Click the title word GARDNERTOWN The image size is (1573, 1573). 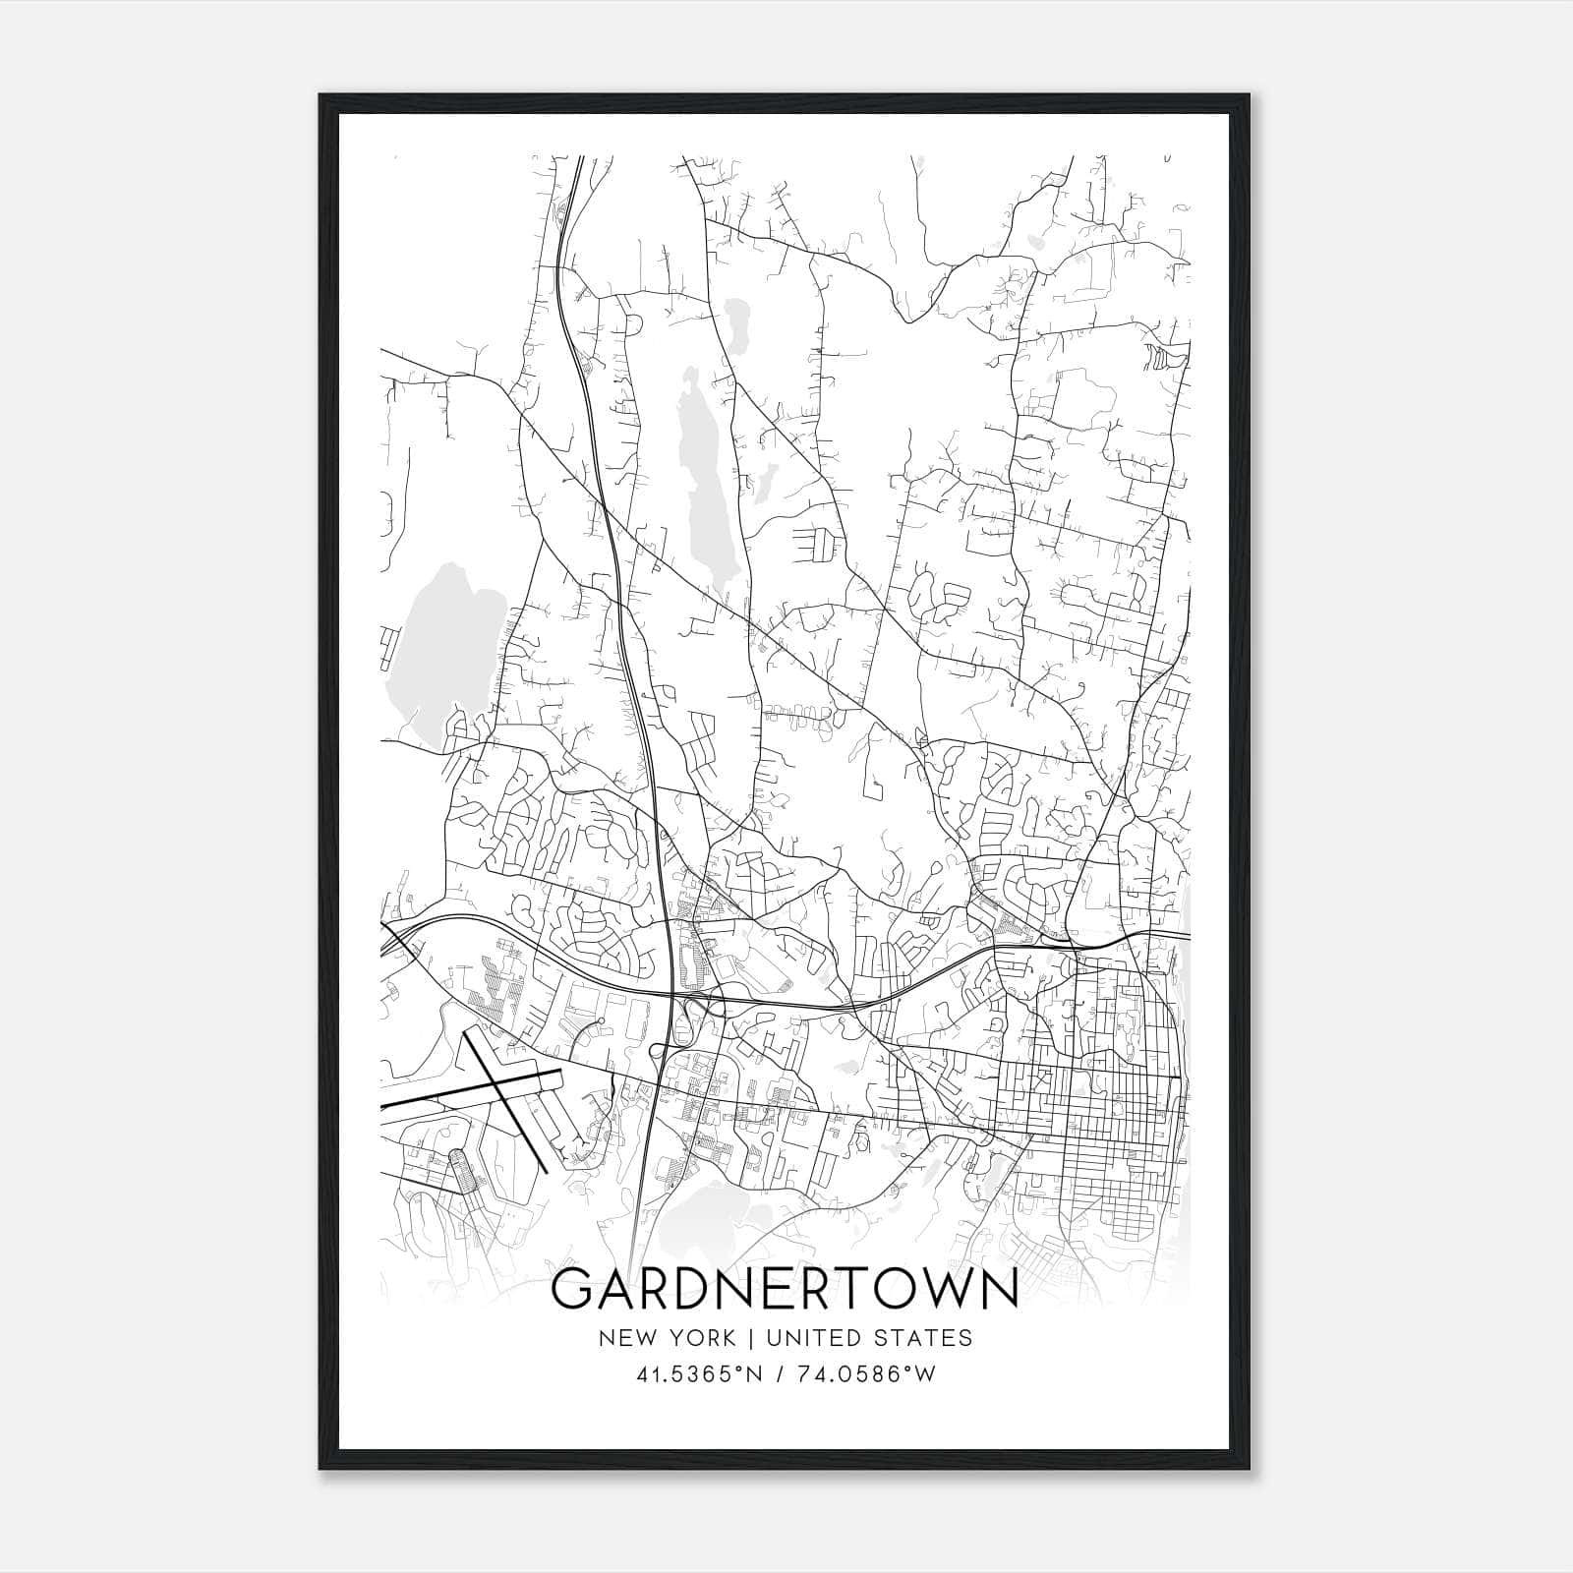point(784,1289)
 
